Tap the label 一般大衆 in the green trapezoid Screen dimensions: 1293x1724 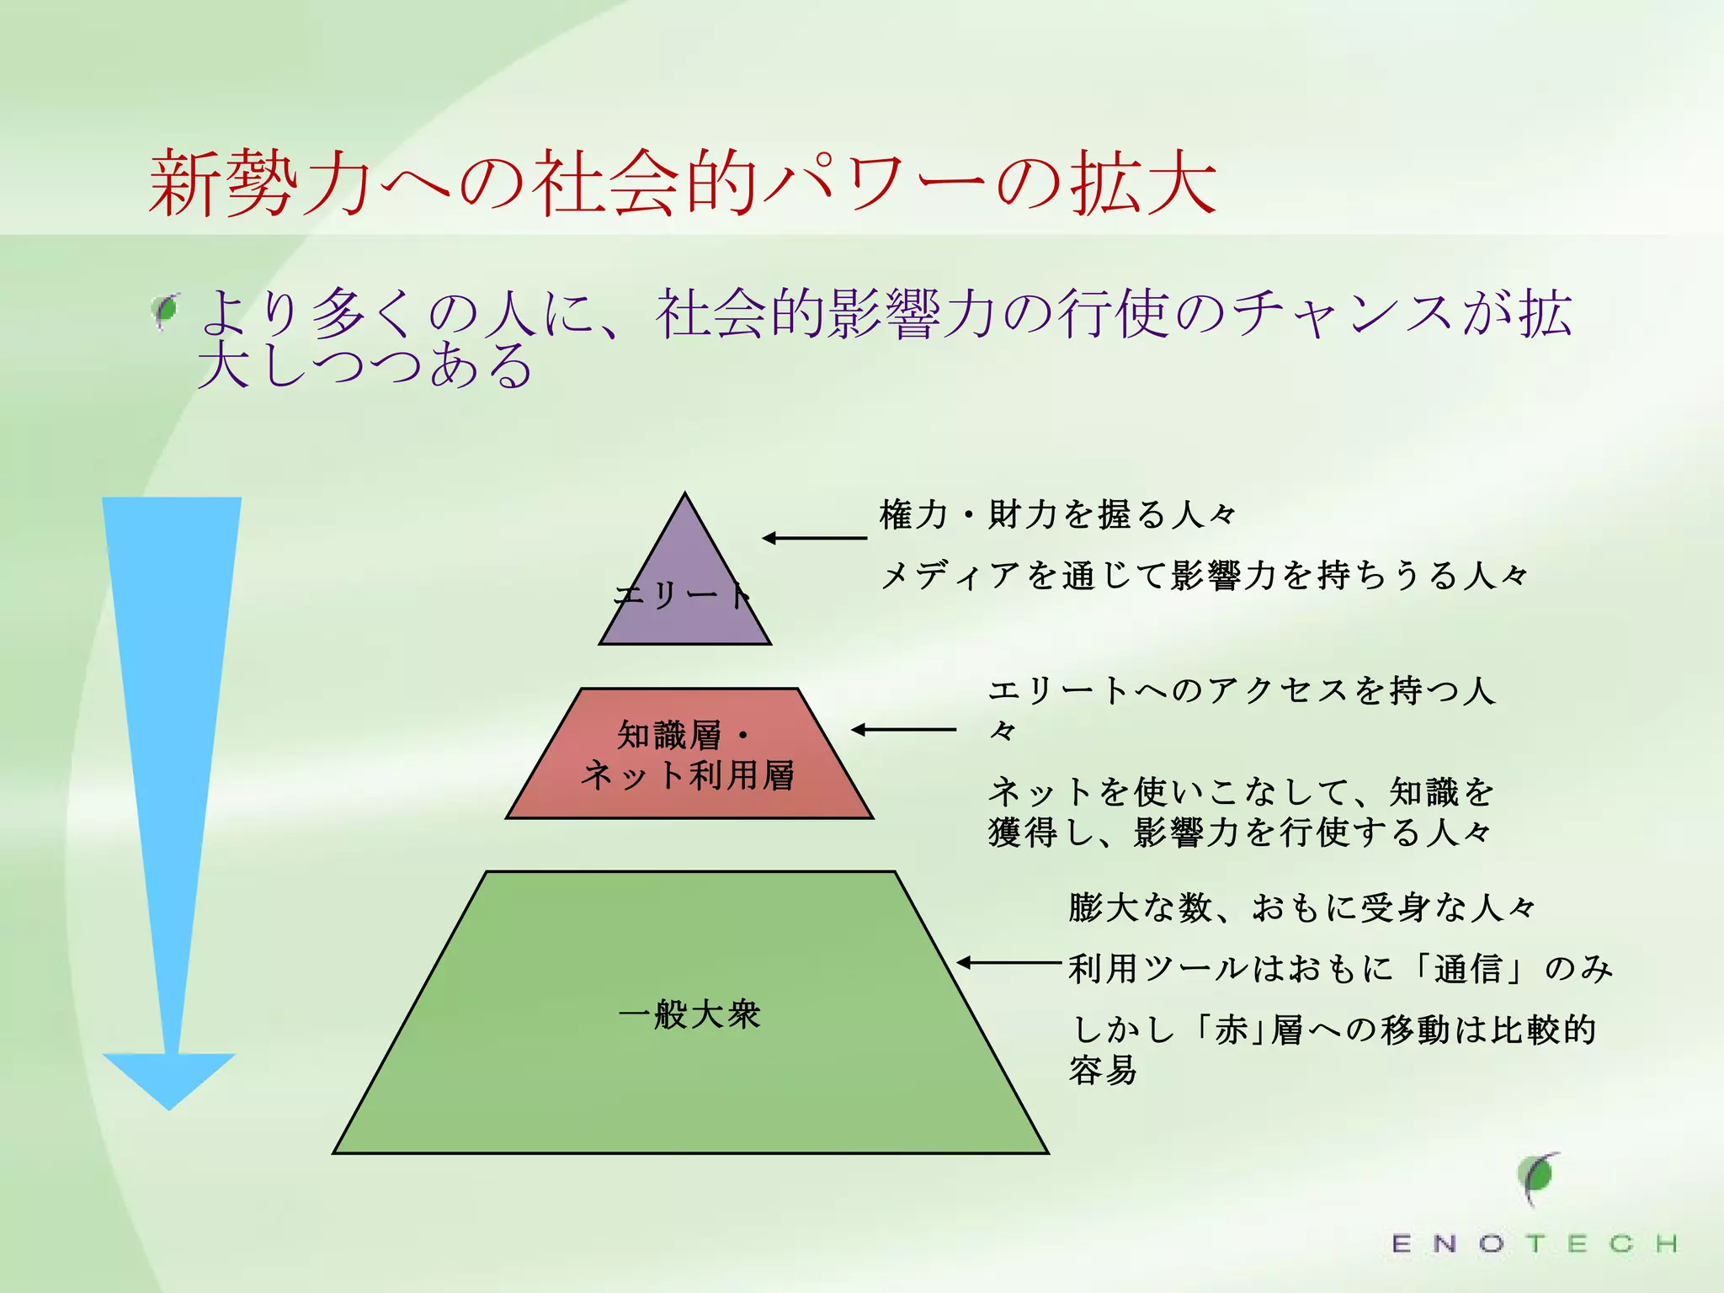click(689, 1014)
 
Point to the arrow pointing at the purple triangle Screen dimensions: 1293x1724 click(814, 538)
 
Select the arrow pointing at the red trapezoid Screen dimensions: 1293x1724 click(903, 730)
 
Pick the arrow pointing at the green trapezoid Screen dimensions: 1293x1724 click(1008, 962)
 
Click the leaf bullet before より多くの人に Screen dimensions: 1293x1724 click(166, 311)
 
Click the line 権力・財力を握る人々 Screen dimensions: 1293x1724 click(1057, 514)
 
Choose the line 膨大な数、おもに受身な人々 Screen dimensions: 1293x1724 click(1301, 907)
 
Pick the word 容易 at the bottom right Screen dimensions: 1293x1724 click(1104, 1071)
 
